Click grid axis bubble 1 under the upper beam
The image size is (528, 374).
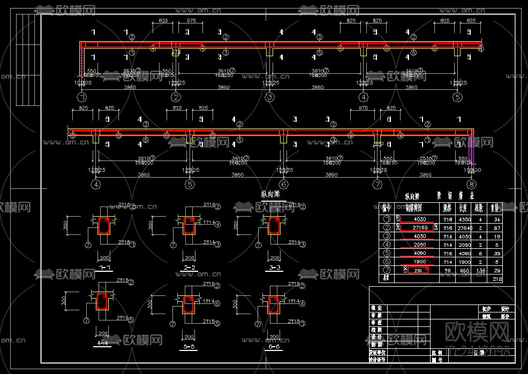click(x=82, y=97)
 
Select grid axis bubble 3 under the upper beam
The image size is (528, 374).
click(x=269, y=97)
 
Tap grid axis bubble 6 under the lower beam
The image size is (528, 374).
click(x=284, y=185)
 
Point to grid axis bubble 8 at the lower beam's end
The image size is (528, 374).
click(x=471, y=185)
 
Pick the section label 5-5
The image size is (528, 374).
click(x=188, y=347)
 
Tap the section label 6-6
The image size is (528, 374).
click(x=274, y=347)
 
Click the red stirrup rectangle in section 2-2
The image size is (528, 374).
click(x=188, y=226)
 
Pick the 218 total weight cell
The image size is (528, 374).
click(x=497, y=279)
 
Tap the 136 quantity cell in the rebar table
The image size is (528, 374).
click(x=479, y=270)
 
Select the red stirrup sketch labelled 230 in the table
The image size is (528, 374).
click(x=419, y=270)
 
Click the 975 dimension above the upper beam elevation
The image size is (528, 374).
click(x=191, y=20)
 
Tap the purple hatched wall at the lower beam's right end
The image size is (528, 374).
click(x=472, y=149)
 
